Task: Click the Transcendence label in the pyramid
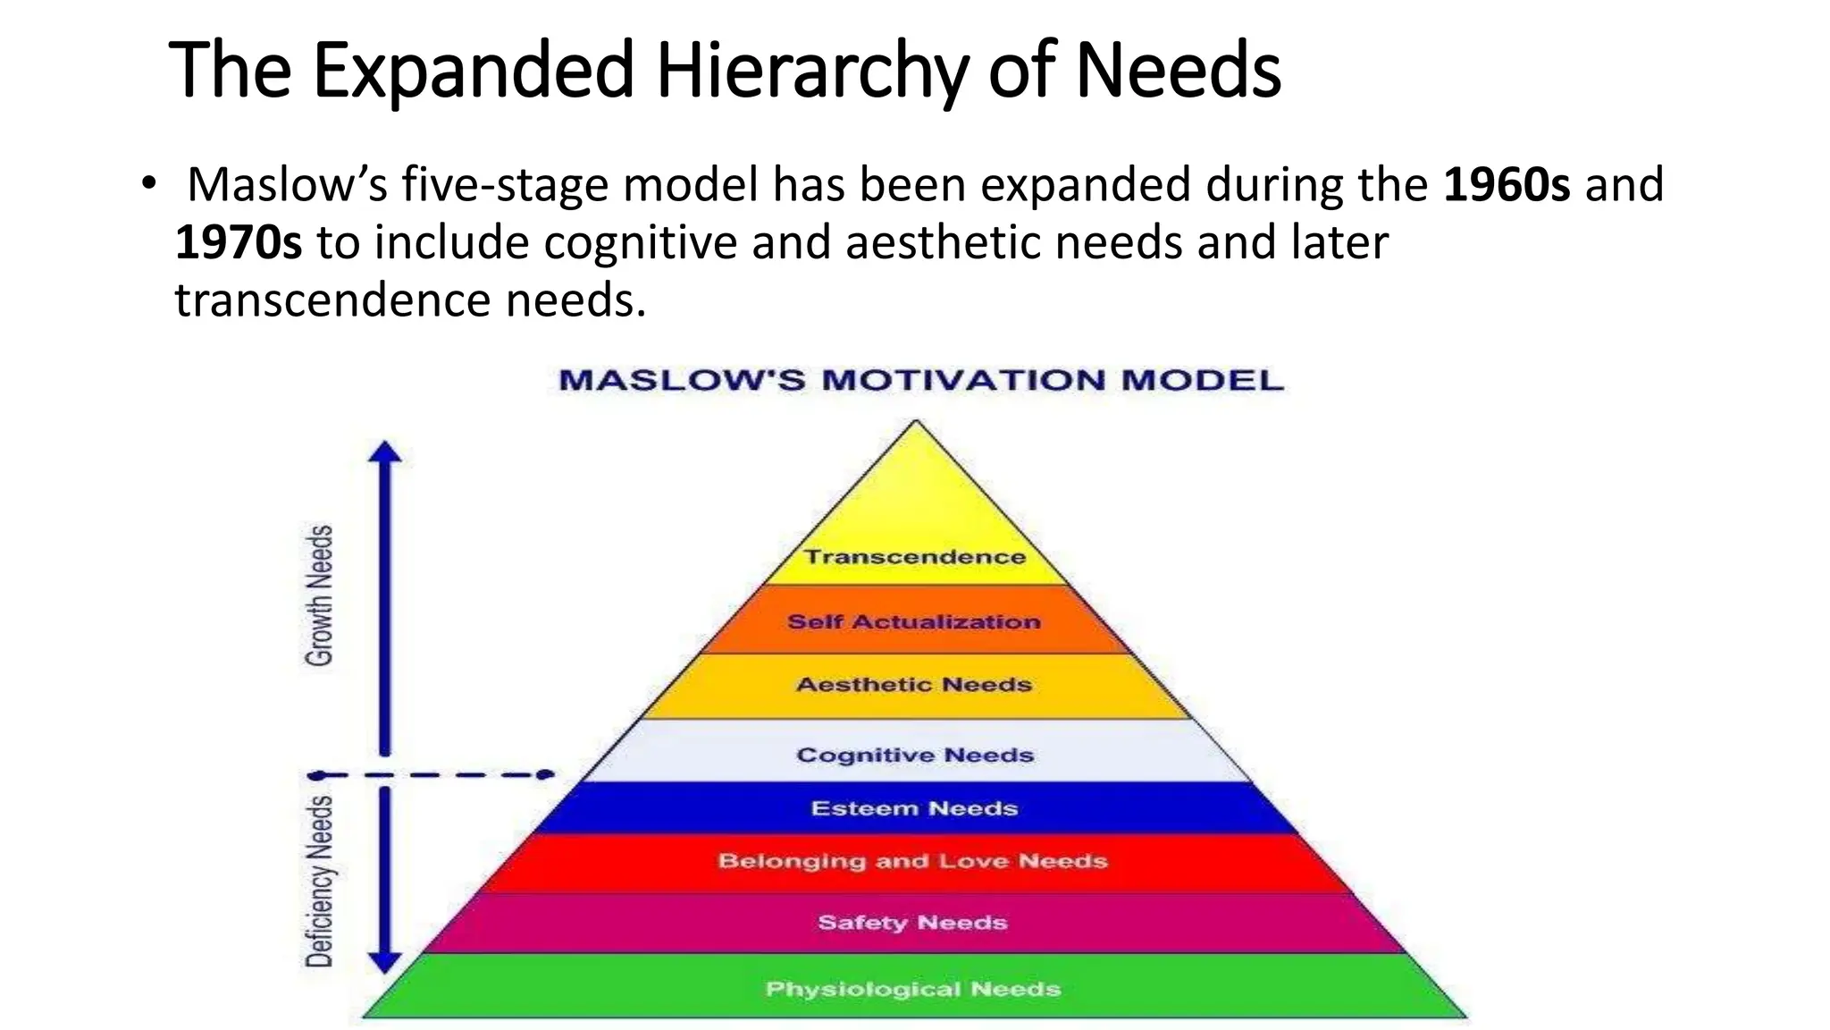click(914, 557)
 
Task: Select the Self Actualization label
click(914, 621)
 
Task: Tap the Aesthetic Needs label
click(914, 685)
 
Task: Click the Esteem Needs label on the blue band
click(914, 808)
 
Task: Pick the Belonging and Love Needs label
click(912, 861)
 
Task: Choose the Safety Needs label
click(912, 923)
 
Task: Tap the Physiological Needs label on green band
click(912, 989)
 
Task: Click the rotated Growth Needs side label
click(319, 595)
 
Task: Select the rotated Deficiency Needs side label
click(319, 881)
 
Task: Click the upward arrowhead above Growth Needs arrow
click(385, 452)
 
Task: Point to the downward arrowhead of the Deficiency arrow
click(385, 962)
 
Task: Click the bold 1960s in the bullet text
click(1507, 185)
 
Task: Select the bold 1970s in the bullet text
click(239, 243)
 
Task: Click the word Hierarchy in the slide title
click(811, 72)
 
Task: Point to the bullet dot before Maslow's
click(148, 183)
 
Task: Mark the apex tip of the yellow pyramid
click(916, 421)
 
